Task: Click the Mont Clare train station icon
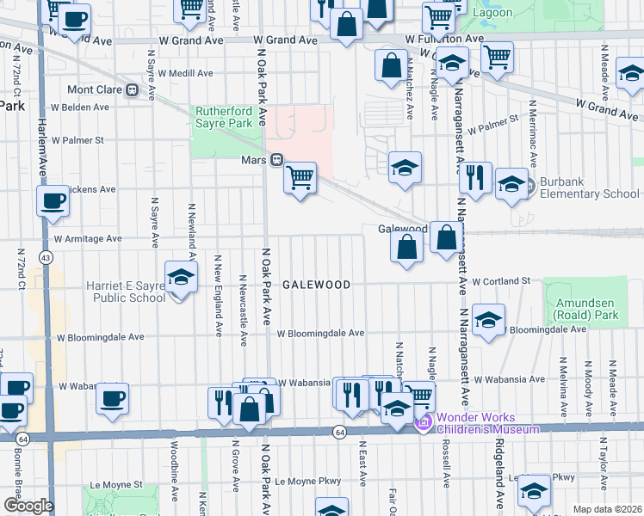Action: (x=133, y=89)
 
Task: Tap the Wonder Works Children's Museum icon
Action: (x=422, y=422)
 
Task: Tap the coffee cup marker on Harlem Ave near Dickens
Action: (x=53, y=202)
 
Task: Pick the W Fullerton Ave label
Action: (x=450, y=39)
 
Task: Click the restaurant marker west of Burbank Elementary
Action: (x=475, y=178)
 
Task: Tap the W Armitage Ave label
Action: (x=89, y=238)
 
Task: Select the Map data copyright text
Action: (x=607, y=509)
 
